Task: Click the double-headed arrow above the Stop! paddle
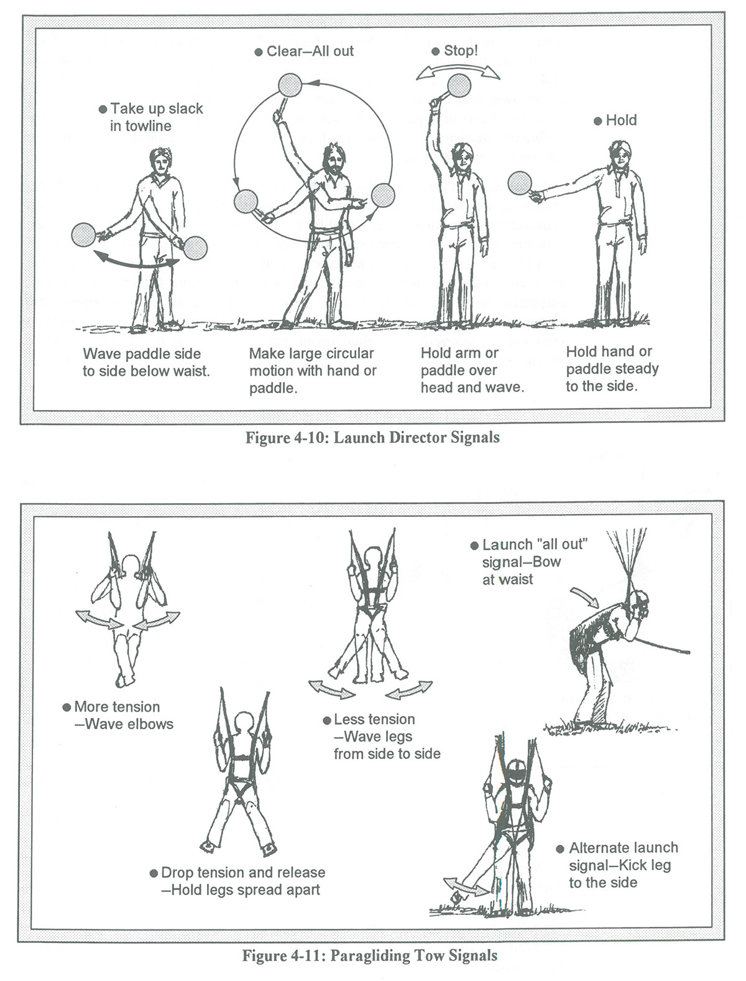(458, 71)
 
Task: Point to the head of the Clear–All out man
(334, 160)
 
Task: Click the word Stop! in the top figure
(461, 51)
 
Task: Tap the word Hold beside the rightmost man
(621, 120)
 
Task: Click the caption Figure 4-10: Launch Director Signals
(372, 437)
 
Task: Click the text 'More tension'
(117, 707)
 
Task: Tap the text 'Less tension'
(374, 719)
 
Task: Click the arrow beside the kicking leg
(466, 887)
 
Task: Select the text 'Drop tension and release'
(242, 873)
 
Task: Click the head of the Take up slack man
(162, 163)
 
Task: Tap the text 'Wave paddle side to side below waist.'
(146, 363)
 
